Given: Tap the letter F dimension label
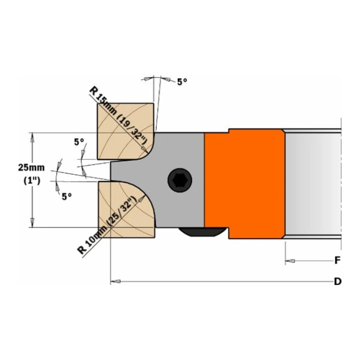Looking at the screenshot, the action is coord(337,260).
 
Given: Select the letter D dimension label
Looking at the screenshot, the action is coord(337,281).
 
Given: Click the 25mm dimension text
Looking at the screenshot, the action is coord(32,168).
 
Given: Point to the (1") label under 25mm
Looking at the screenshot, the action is coord(32,180).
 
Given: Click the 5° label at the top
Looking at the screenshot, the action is coord(182,82).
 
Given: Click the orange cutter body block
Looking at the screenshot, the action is coord(245,184).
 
